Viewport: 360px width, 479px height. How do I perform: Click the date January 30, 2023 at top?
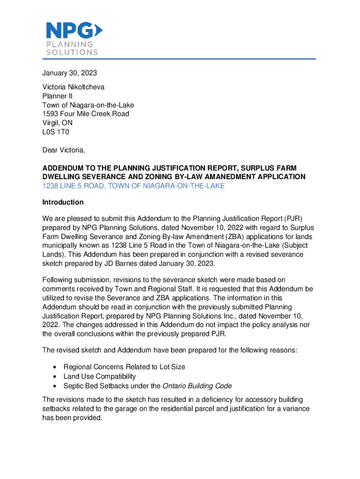tap(70, 73)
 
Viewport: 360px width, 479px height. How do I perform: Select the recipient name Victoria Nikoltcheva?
tap(73, 87)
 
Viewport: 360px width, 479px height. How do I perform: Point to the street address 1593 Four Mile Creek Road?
tap(86, 114)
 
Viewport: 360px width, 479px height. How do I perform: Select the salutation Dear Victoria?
tap(64, 150)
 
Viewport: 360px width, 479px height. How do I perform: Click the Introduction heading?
tap(63, 202)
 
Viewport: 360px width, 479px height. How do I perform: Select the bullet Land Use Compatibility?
tap(100, 377)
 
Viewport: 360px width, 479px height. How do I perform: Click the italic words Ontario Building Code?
tap(197, 386)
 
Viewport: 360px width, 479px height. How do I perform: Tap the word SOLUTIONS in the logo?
tap(72, 52)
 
